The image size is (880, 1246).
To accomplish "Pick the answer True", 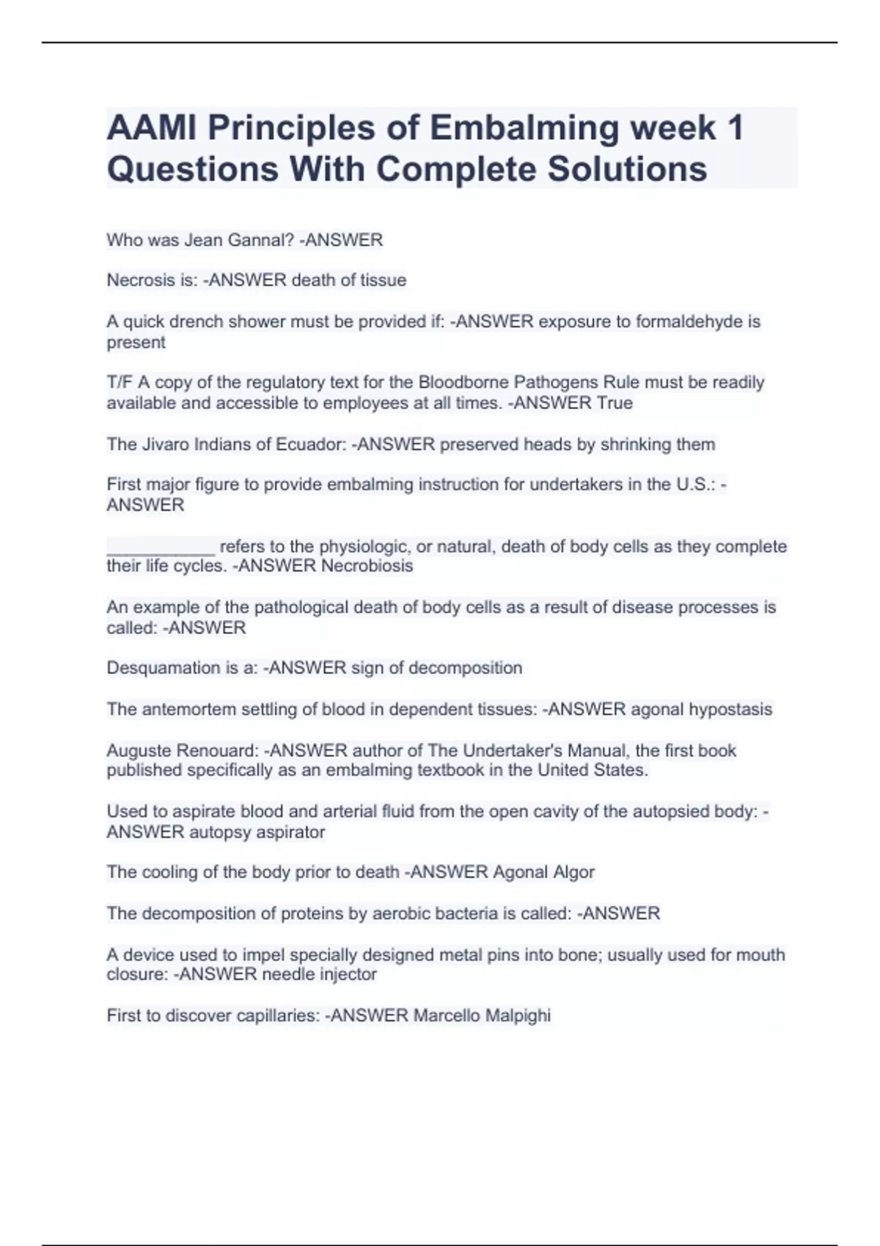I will [x=615, y=402].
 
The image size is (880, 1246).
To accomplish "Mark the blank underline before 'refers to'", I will [x=161, y=547].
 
